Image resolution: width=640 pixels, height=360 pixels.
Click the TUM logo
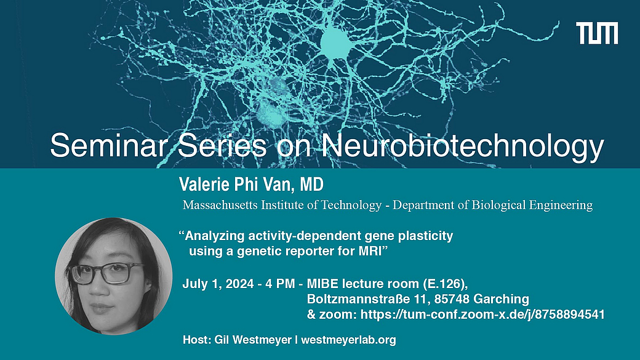click(x=597, y=33)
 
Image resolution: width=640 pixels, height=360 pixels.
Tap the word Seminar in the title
click(x=108, y=145)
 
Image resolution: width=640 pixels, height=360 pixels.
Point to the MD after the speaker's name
click(x=312, y=185)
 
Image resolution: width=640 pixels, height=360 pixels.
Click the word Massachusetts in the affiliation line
click(x=220, y=204)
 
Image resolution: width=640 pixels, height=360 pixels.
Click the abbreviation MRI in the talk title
click(x=370, y=251)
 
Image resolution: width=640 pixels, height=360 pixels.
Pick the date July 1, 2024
click(x=218, y=284)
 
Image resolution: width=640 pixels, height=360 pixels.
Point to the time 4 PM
click(x=280, y=284)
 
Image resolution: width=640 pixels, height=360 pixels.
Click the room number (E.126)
click(x=445, y=284)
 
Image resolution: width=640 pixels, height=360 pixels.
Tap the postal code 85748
click(x=452, y=299)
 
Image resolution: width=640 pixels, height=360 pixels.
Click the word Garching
click(x=501, y=299)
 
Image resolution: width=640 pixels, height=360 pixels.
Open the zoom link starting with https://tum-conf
click(x=483, y=314)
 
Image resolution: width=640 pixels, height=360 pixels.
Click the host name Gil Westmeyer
click(x=253, y=340)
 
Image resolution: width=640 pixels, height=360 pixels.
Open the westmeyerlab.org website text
click(x=348, y=340)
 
